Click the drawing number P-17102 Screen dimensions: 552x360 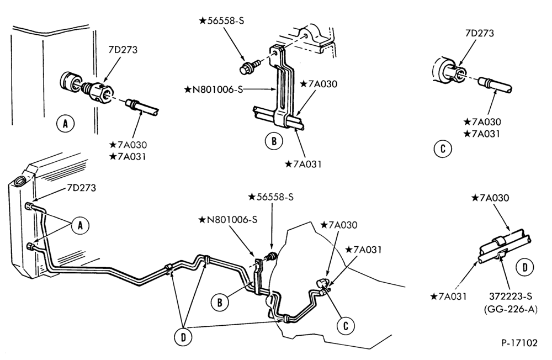pos(519,343)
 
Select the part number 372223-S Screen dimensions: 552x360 pos(511,297)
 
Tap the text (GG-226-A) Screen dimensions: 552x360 pos(511,309)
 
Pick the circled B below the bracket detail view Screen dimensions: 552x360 pos(274,141)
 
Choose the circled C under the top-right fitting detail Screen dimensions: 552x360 pos(443,149)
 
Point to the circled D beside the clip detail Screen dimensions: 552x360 pos(525,267)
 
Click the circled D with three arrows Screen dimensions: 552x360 pos(183,337)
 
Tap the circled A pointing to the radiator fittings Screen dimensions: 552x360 pos(80,225)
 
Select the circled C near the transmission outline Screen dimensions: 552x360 pos(346,326)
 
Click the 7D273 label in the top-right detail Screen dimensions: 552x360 pos(480,34)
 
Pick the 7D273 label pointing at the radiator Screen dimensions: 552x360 pos(81,188)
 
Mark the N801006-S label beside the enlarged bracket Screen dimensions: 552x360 pos(214,89)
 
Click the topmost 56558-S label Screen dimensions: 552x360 pos(221,21)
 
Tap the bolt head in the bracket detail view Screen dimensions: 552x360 pos(246,68)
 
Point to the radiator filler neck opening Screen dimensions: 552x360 pos(19,182)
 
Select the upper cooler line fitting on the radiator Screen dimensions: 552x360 pos(30,206)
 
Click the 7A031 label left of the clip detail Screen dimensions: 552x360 pos(448,297)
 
